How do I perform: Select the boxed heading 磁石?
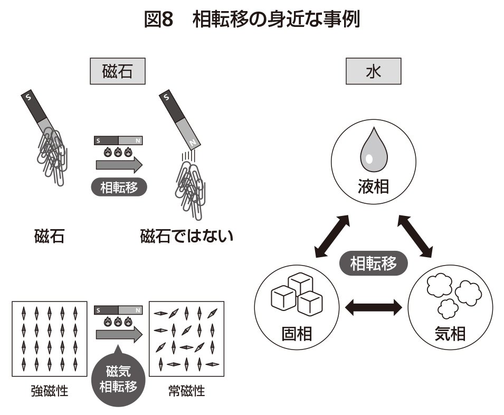pos(117,72)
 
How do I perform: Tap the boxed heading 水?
pos(373,72)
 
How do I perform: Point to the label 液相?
pos(373,186)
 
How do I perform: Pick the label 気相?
pos(450,334)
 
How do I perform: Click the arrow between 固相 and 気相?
pos(373,307)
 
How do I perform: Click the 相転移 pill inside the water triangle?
pos(373,263)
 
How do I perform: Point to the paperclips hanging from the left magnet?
pos(52,156)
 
